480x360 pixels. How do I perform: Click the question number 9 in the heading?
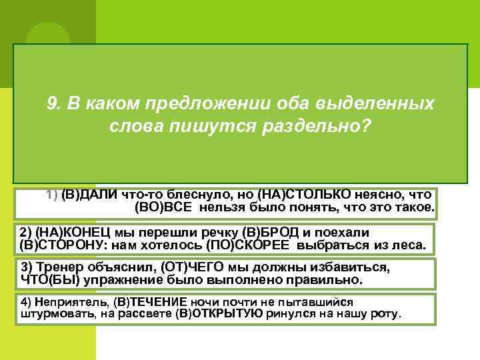click(53, 104)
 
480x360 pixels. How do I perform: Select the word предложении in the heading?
click(201, 104)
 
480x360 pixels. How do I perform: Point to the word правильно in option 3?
click(330, 279)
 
